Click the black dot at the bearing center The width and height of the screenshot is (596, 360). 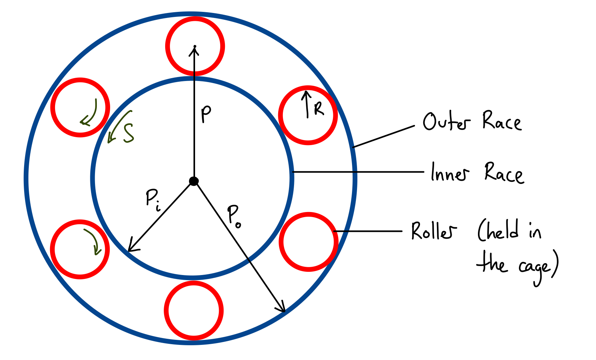[x=194, y=181]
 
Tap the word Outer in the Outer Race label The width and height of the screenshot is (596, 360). [x=446, y=122]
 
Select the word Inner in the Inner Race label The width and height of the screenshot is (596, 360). [x=450, y=173]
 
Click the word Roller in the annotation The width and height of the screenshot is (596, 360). [x=434, y=231]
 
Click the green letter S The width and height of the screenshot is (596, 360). [x=128, y=133]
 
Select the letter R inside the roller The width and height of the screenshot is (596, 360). [x=319, y=109]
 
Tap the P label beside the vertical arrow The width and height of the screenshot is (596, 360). [x=206, y=114]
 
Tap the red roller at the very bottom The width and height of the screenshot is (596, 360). [x=194, y=310]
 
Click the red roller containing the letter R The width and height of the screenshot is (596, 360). [x=308, y=115]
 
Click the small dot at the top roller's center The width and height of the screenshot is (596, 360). [x=195, y=46]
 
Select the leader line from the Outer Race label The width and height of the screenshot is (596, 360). [x=384, y=136]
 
